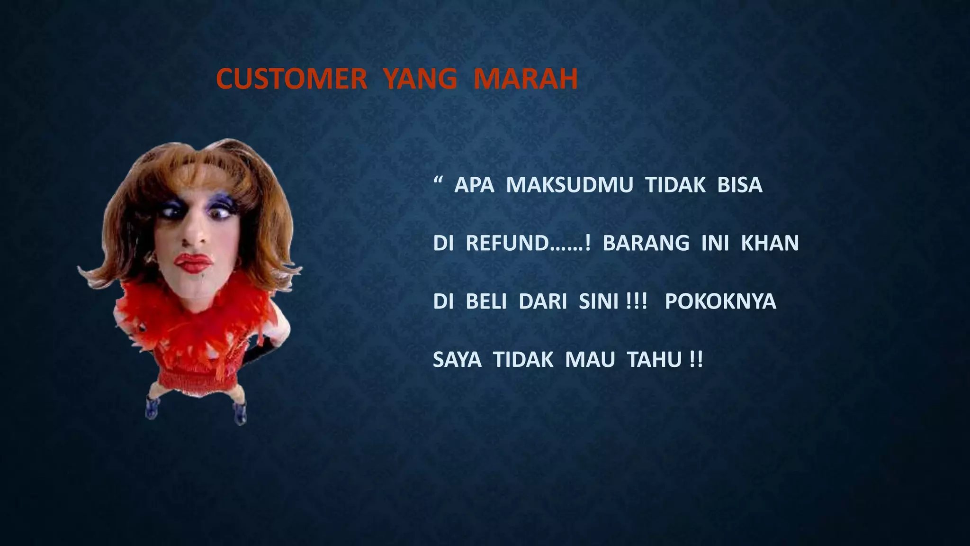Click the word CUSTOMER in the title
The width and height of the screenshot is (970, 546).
pyautogui.click(x=291, y=79)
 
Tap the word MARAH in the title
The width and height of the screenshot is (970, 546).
pyautogui.click(x=526, y=79)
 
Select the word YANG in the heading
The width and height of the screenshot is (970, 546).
pyautogui.click(x=420, y=79)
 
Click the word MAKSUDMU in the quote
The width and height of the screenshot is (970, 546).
pyautogui.click(x=569, y=185)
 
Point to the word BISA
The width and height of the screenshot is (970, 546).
pyautogui.click(x=740, y=185)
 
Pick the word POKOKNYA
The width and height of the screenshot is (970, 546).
pyautogui.click(x=720, y=301)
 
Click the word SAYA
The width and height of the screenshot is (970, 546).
pyautogui.click(x=457, y=360)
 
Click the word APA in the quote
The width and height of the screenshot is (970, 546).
pyautogui.click(x=474, y=185)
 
